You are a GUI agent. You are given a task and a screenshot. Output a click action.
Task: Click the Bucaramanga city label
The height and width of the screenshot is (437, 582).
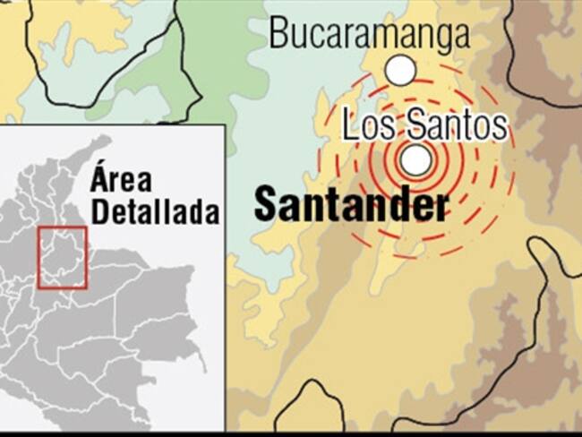tap(369, 34)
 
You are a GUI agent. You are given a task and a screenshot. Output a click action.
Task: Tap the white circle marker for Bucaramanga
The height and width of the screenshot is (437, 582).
tap(400, 68)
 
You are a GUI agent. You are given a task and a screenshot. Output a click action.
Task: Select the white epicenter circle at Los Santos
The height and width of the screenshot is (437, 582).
tap(415, 160)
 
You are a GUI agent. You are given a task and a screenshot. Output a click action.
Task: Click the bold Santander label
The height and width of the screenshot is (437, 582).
tap(351, 204)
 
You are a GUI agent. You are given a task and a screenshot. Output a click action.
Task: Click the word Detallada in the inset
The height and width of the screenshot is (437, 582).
tap(155, 213)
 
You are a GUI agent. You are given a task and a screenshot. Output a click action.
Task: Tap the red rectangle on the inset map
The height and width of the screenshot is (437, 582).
tap(63, 258)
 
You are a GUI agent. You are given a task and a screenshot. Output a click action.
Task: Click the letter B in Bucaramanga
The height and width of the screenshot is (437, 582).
tap(278, 34)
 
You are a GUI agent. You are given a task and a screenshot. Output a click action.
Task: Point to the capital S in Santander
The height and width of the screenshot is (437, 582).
tap(265, 204)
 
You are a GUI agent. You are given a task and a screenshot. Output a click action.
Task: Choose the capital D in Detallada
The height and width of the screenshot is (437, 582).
tap(100, 213)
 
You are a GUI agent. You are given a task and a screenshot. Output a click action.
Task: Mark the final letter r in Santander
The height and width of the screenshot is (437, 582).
tap(440, 206)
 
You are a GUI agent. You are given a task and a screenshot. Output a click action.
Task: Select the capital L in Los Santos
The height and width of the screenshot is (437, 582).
tap(350, 126)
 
